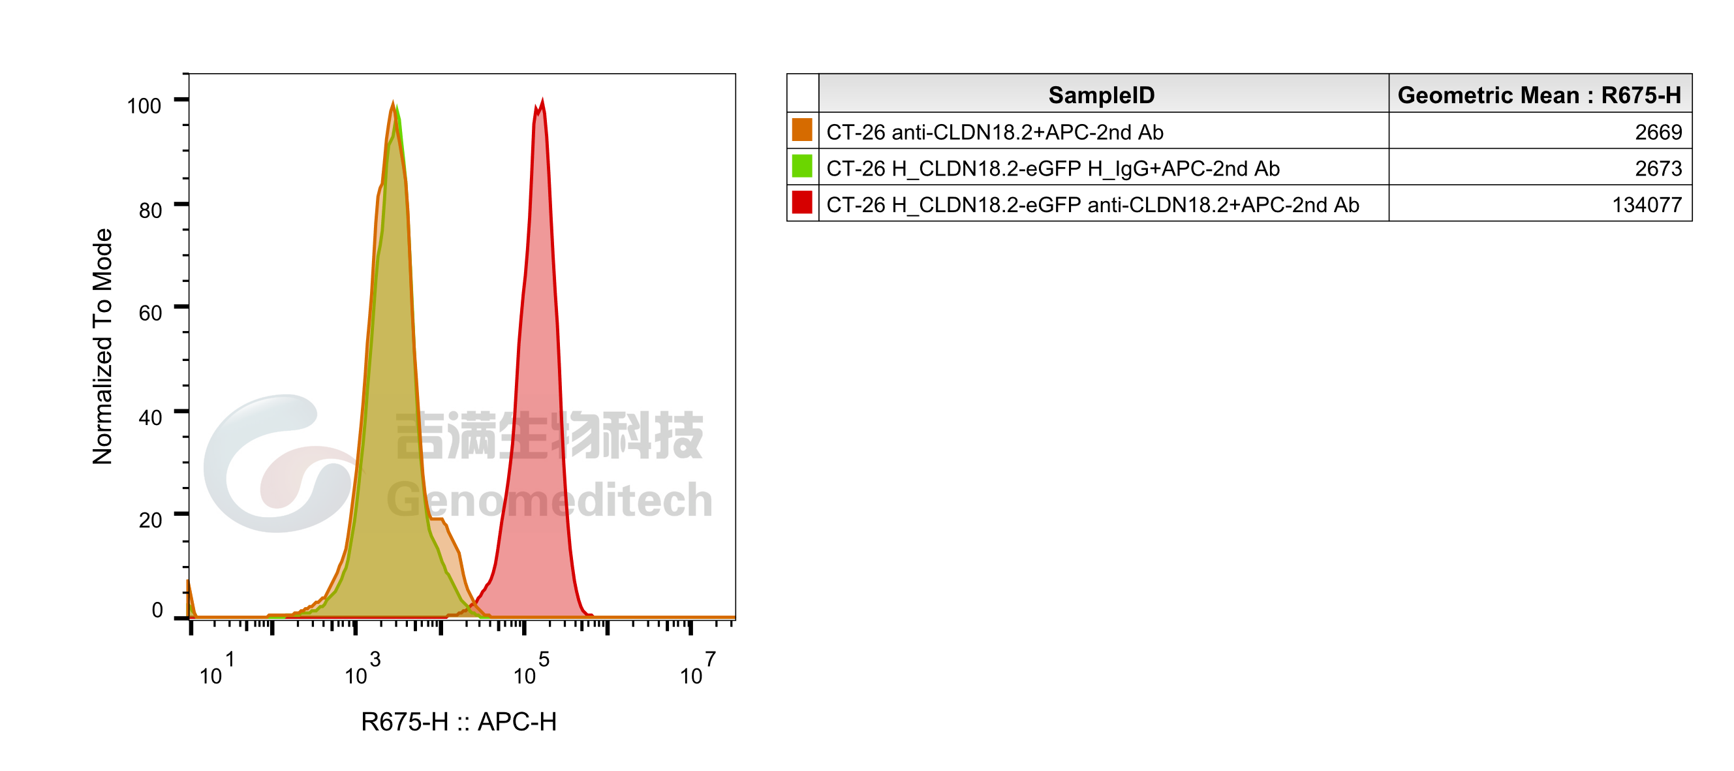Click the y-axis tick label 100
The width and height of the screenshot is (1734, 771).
(x=144, y=106)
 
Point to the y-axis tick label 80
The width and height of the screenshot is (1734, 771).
(x=150, y=210)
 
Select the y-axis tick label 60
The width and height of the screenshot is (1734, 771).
(x=150, y=313)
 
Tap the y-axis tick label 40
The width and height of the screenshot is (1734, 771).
(x=150, y=417)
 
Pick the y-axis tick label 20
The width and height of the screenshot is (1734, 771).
(x=150, y=520)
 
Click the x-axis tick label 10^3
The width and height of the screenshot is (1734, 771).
(x=363, y=669)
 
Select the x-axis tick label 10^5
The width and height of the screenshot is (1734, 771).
(x=531, y=669)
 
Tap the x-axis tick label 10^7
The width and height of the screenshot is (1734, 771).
(x=698, y=669)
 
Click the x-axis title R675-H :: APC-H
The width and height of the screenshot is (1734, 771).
(x=458, y=722)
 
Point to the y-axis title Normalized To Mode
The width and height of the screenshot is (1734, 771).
(x=102, y=346)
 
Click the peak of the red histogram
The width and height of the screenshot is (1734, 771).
(x=542, y=101)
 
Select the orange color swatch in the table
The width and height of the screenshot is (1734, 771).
(x=801, y=130)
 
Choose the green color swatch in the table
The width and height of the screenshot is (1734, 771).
(x=801, y=166)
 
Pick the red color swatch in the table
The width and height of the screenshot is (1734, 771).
(x=801, y=202)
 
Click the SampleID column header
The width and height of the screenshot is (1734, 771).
(x=1101, y=95)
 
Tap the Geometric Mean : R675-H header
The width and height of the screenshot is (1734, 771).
(x=1540, y=95)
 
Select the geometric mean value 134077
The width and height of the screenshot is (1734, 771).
(x=1647, y=205)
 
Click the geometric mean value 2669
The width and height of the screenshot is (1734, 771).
(x=1658, y=132)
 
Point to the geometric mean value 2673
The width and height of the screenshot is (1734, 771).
(x=1658, y=168)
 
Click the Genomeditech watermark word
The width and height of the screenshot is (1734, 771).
(x=550, y=500)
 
